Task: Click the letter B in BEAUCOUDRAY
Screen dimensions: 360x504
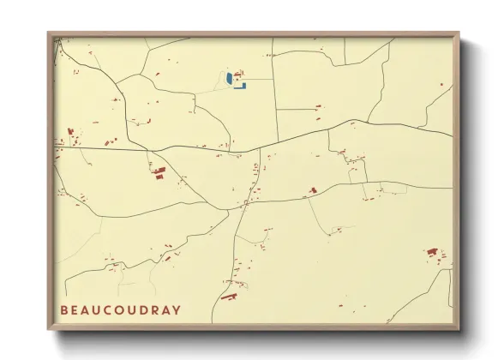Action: (x=64, y=309)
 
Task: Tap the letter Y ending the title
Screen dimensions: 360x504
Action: (x=176, y=309)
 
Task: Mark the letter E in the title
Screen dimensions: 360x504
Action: (x=75, y=309)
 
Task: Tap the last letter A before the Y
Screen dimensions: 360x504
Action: (x=165, y=309)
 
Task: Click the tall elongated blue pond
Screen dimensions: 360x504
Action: (x=229, y=79)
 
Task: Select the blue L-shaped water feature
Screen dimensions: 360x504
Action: (x=241, y=85)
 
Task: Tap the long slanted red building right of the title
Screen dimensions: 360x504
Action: (x=228, y=297)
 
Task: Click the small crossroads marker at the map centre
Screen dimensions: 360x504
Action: (x=245, y=203)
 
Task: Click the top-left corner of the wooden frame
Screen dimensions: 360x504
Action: (x=49, y=34)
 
